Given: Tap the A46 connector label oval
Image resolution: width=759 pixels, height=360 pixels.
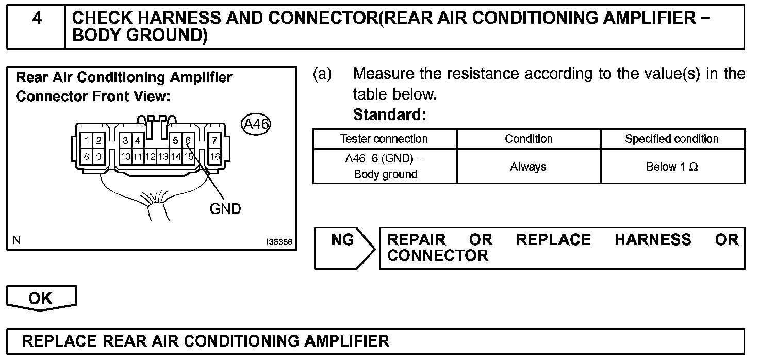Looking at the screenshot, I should pyautogui.click(x=256, y=124).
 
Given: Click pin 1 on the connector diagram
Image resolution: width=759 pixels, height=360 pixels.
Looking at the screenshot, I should pyautogui.click(x=87, y=140).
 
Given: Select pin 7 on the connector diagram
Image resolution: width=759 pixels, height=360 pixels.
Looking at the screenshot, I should pyautogui.click(x=214, y=140).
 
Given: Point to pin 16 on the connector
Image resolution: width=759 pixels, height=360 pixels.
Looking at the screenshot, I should pyautogui.click(x=214, y=156).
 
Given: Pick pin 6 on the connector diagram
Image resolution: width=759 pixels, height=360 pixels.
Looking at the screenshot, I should pyautogui.click(x=188, y=140).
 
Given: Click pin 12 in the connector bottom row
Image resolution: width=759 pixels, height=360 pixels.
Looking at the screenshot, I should pyautogui.click(x=150, y=156).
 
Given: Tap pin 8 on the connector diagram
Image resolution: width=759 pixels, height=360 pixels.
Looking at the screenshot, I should pyautogui.click(x=87, y=156).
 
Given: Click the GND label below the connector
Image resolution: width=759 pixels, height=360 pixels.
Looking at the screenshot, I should pyautogui.click(x=225, y=209).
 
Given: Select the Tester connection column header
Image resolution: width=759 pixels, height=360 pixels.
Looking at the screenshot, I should pyautogui.click(x=384, y=139).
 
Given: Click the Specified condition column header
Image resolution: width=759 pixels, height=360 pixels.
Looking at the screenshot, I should pyautogui.click(x=672, y=139).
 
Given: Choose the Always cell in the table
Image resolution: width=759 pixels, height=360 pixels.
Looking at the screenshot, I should pyautogui.click(x=528, y=167).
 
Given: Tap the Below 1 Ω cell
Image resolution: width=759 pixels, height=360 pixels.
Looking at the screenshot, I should pyautogui.click(x=672, y=167).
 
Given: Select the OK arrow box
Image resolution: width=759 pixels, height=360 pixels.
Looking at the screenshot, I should pyautogui.click(x=41, y=299).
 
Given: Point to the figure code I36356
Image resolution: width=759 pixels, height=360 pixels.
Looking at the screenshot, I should pyautogui.click(x=279, y=241).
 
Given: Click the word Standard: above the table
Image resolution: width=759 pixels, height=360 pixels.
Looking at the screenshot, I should pyautogui.click(x=389, y=115).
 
